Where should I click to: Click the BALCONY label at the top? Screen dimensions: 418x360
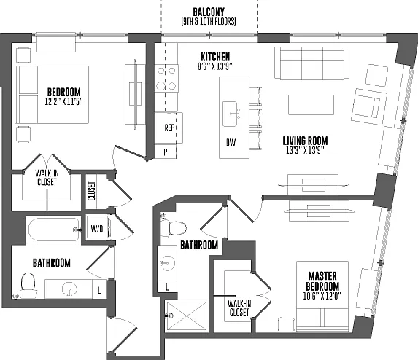click(209, 12)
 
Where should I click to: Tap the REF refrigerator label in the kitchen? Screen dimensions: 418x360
click(169, 128)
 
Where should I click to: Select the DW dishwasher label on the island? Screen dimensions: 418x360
click(231, 142)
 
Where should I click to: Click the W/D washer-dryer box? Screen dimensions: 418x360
click(97, 229)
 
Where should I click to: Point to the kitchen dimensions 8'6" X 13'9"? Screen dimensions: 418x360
click(215, 66)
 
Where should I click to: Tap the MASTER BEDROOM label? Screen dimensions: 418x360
click(322, 281)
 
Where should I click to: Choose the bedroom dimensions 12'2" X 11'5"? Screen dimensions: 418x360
click(63, 101)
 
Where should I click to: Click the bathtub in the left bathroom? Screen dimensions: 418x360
click(54, 230)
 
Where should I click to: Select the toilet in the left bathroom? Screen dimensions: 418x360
click(28, 285)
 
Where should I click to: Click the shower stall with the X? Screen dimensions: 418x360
click(187, 316)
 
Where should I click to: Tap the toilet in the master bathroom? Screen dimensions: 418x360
click(174, 228)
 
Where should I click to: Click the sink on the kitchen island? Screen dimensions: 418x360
click(230, 114)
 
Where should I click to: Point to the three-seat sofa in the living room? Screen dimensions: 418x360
click(312, 63)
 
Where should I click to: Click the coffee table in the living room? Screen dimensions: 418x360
click(311, 105)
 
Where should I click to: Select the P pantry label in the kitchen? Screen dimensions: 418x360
click(166, 152)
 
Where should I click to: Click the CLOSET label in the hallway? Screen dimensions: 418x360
click(91, 191)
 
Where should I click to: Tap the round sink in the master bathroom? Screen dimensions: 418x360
click(168, 263)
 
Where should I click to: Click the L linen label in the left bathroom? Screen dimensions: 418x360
click(99, 290)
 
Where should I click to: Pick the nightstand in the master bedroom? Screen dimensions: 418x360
click(287, 324)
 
